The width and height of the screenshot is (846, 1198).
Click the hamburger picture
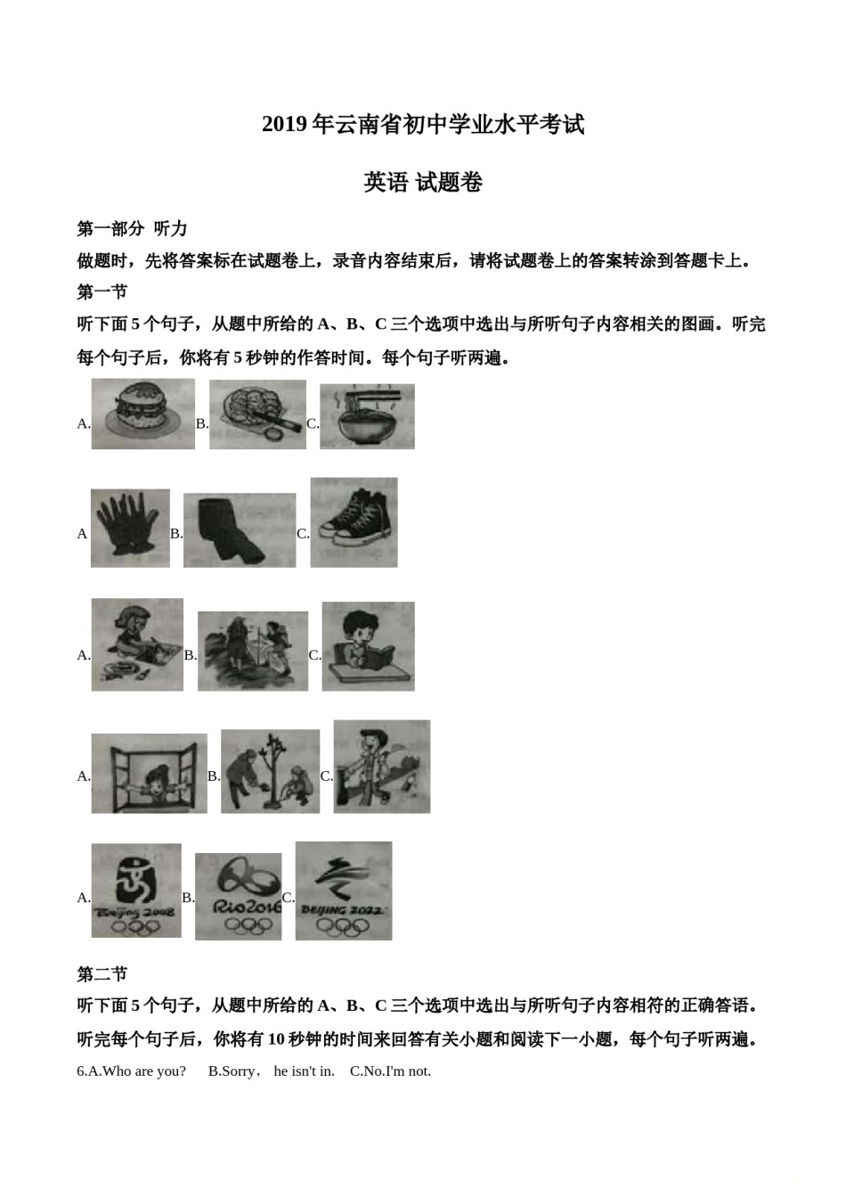142,414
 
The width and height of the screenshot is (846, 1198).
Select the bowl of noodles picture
367,416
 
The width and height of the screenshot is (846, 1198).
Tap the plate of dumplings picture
257,414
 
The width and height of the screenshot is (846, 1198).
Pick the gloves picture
129,528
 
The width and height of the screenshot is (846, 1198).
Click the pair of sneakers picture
354,522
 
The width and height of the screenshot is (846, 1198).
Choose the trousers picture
239,530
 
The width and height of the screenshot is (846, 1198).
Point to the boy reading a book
368,645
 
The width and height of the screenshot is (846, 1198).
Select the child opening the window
149,773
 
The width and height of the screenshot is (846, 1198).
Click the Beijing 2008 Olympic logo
135,890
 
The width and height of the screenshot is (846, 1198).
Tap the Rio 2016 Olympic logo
238,896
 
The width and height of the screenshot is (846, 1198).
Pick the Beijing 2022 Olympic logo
343,890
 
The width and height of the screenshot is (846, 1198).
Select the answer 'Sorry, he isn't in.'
271,1071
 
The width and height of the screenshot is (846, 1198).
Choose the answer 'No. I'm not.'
390,1071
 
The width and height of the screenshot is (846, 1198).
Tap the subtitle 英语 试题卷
423,183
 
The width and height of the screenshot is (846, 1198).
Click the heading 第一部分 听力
132,229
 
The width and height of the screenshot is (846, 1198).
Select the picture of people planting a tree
270,771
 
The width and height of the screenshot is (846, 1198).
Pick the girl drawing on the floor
137,644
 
